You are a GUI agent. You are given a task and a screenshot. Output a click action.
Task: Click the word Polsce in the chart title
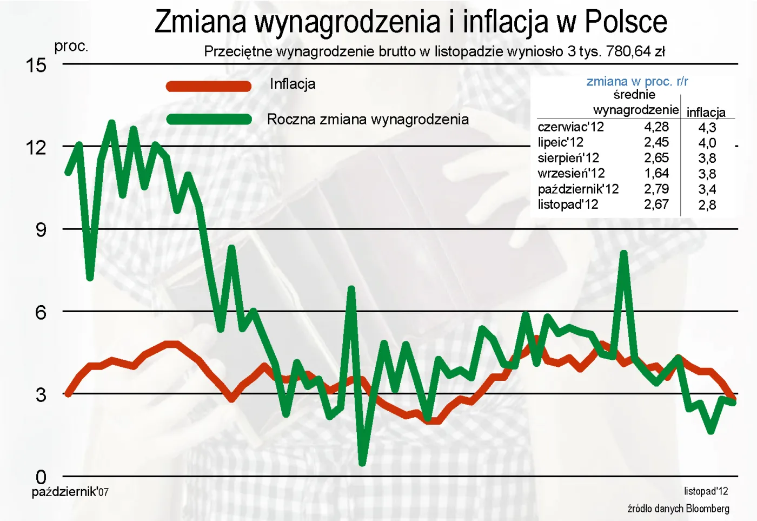pyautogui.click(x=626, y=22)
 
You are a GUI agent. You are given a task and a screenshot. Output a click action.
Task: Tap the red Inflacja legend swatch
pyautogui.click(x=209, y=86)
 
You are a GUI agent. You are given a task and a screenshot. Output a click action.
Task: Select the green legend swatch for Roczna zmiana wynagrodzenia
pyautogui.click(x=209, y=120)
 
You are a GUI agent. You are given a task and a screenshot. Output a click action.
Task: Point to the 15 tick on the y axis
pyautogui.click(x=36, y=65)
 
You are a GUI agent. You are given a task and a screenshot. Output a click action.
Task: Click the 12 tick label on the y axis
pyautogui.click(x=36, y=148)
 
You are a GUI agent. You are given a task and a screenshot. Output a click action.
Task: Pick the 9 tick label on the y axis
pyautogui.click(x=41, y=230)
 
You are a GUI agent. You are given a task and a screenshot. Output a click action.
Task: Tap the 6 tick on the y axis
pyautogui.click(x=41, y=312)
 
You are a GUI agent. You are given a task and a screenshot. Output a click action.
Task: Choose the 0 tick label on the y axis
pyautogui.click(x=41, y=477)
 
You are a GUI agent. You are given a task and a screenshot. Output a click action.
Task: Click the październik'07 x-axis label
pyautogui.click(x=70, y=492)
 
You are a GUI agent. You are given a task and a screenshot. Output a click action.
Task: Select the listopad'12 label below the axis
pyautogui.click(x=706, y=491)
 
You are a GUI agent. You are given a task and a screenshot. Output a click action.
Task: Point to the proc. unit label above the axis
pyautogui.click(x=71, y=47)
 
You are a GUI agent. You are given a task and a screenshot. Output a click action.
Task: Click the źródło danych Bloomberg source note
pyautogui.click(x=678, y=509)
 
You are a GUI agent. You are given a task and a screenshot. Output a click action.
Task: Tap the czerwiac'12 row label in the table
pyautogui.click(x=570, y=127)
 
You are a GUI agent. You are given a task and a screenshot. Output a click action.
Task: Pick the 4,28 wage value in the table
pyautogui.click(x=656, y=127)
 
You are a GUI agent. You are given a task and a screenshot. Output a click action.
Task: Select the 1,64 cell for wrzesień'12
pyautogui.click(x=656, y=174)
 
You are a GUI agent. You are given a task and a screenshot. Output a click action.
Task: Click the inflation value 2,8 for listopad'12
pyautogui.click(x=707, y=205)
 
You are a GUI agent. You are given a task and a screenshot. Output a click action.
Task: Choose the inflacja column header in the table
pyautogui.click(x=706, y=113)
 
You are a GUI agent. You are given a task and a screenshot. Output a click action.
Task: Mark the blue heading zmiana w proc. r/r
pyautogui.click(x=637, y=82)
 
